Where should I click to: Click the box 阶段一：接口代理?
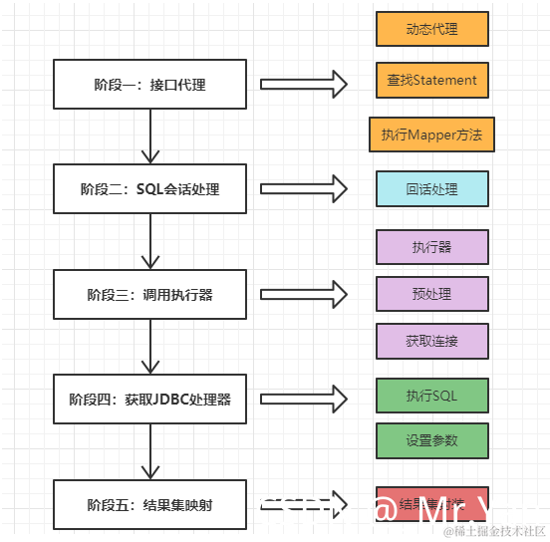pos(149,84)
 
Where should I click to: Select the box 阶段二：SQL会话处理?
pos(149,188)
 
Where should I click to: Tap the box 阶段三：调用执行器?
pos(149,294)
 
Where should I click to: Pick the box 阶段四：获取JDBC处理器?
pos(149,399)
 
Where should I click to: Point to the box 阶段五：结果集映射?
pos(149,504)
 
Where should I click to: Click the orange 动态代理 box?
pos(431,29)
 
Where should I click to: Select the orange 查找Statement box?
pos(431,81)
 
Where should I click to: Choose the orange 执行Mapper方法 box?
pos(431,135)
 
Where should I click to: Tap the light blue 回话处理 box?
pos(431,188)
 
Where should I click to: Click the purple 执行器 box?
pos(431,247)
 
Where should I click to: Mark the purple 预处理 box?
pos(431,294)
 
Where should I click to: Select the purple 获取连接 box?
pos(431,341)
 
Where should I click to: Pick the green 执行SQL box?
pos(431,396)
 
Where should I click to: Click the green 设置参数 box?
pos(431,439)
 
